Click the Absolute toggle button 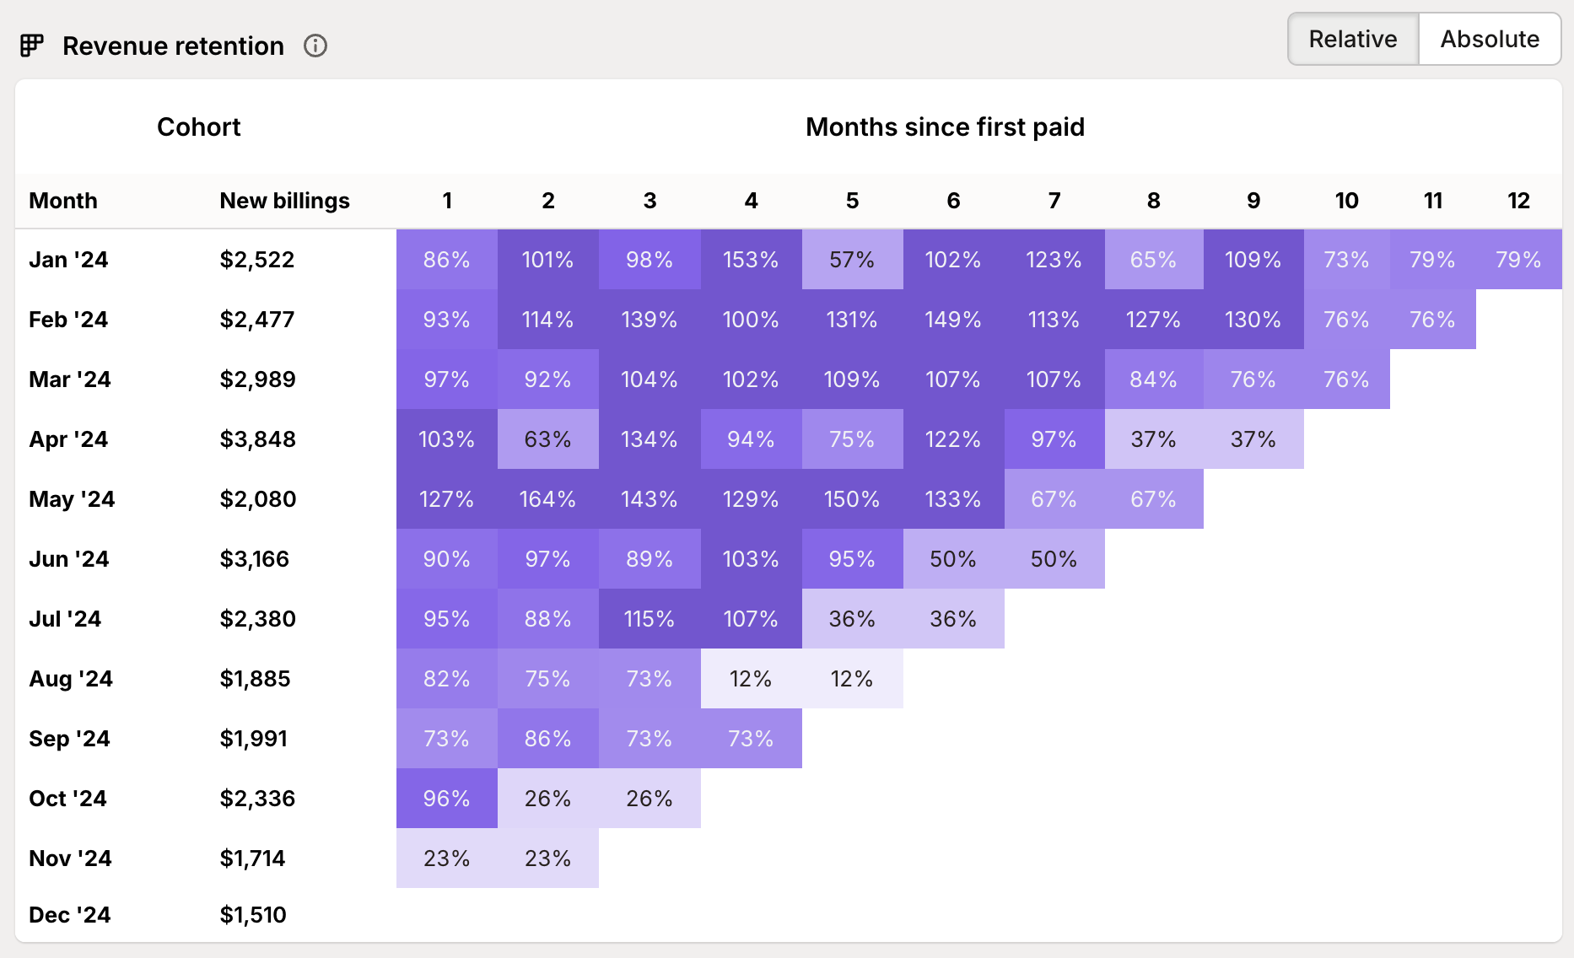point(1489,39)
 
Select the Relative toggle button point(1352,39)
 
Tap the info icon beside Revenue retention point(315,46)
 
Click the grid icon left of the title point(32,46)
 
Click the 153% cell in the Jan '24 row point(751,260)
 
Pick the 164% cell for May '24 point(547,499)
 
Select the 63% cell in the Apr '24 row point(547,439)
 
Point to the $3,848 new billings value point(257,439)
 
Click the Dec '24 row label point(70,915)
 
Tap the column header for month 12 point(1518,201)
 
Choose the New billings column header point(284,201)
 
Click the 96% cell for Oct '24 point(446,799)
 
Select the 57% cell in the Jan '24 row point(852,260)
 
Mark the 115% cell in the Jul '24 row point(649,619)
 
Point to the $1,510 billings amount point(253,915)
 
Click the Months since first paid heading point(945,127)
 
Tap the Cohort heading point(198,127)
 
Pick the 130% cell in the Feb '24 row point(1253,320)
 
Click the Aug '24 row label point(71,679)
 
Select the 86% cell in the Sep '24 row point(547,739)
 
